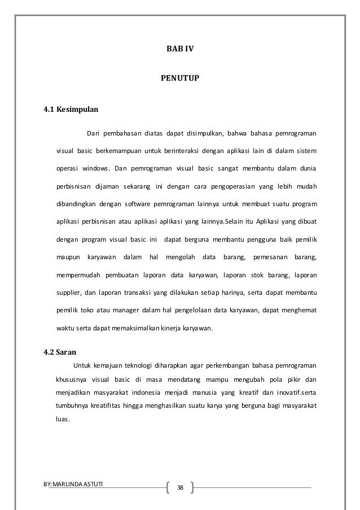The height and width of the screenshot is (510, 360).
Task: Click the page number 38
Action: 180,487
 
